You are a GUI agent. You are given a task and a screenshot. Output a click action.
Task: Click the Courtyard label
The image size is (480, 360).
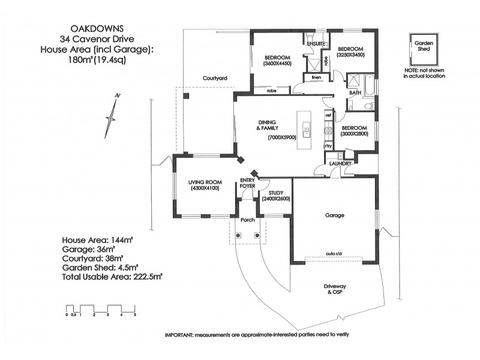(214, 79)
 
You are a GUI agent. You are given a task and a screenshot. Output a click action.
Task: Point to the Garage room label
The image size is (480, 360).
(335, 215)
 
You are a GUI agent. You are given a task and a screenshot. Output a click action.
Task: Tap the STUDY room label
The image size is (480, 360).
(276, 193)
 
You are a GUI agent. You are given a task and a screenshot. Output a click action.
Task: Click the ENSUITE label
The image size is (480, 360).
(316, 44)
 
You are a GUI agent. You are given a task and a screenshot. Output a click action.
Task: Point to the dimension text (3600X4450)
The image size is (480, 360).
(277, 64)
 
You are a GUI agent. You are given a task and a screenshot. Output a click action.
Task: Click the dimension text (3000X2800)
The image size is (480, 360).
(354, 134)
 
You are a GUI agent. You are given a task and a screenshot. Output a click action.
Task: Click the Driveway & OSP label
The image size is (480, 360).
(334, 289)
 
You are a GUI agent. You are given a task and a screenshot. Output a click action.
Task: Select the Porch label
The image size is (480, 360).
(247, 220)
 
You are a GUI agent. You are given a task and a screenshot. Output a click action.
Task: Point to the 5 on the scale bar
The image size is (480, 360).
(136, 314)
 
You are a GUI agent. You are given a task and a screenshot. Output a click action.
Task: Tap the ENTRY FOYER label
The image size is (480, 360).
(247, 183)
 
